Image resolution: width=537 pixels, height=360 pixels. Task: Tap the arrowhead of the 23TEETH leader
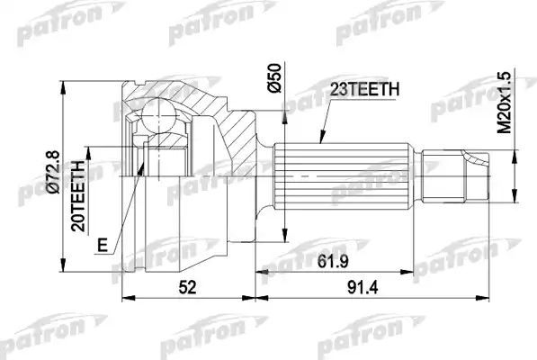317,144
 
